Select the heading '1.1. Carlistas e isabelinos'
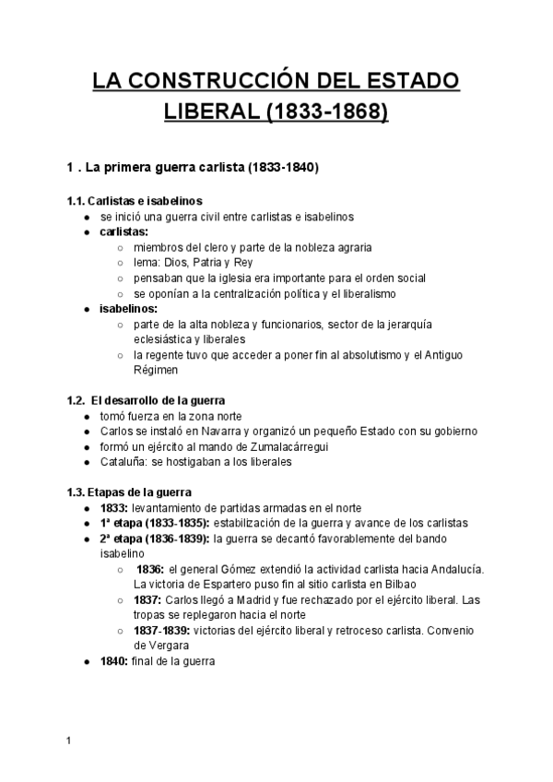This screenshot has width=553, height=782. [135, 200]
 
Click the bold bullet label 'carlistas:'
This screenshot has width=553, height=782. [124, 231]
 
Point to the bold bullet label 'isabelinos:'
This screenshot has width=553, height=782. [129, 309]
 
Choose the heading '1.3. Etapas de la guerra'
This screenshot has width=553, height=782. [130, 492]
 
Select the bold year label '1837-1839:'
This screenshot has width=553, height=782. [164, 630]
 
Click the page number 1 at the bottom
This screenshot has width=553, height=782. [69, 740]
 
